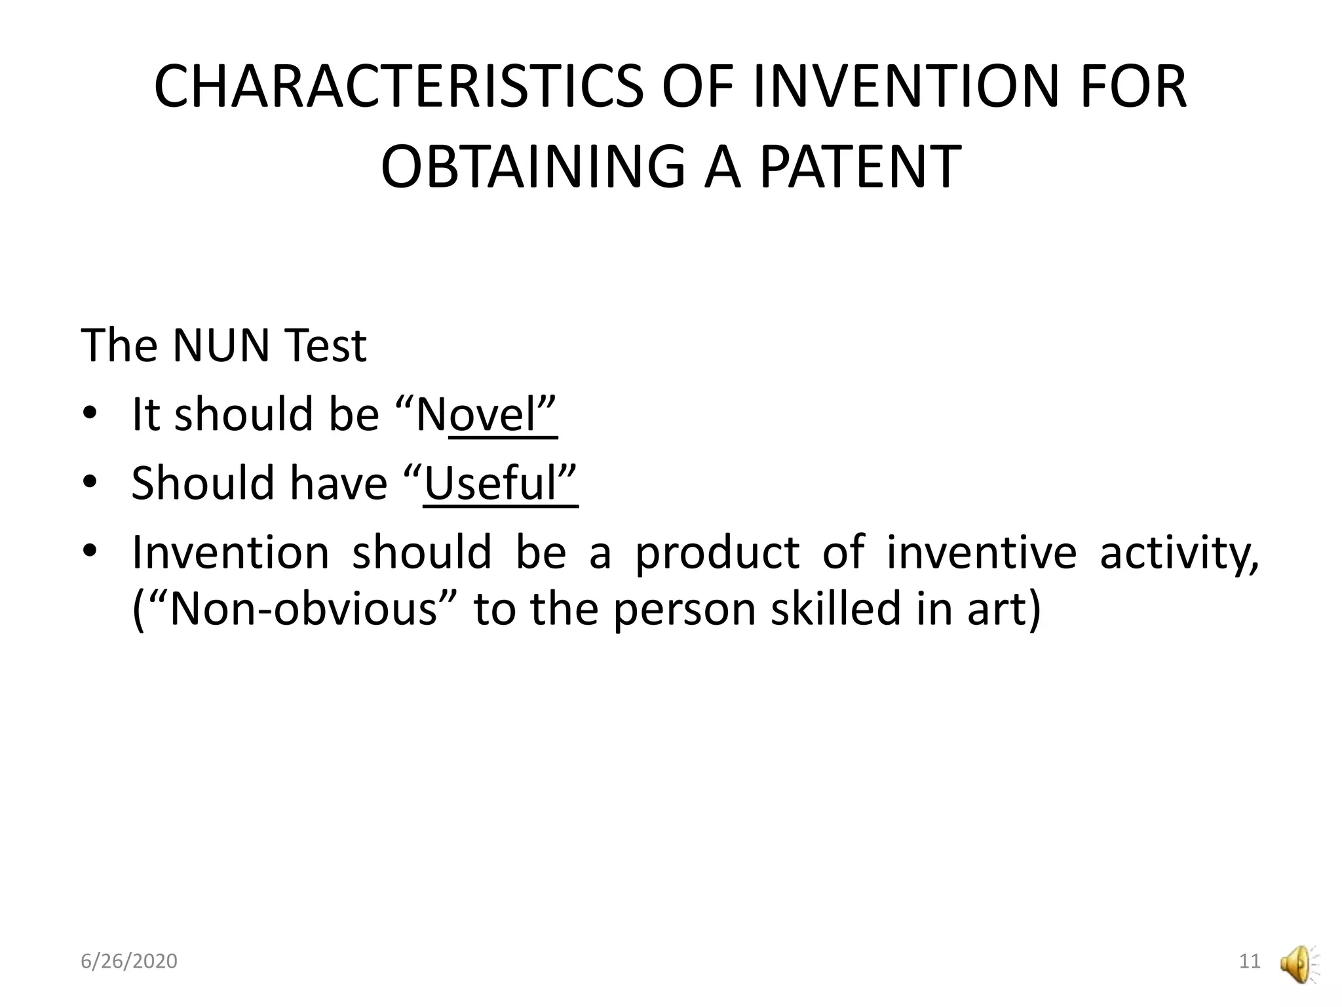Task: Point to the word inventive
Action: (981, 552)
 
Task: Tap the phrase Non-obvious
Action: (303, 610)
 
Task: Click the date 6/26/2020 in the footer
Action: (129, 961)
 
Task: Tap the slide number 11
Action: (1250, 961)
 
